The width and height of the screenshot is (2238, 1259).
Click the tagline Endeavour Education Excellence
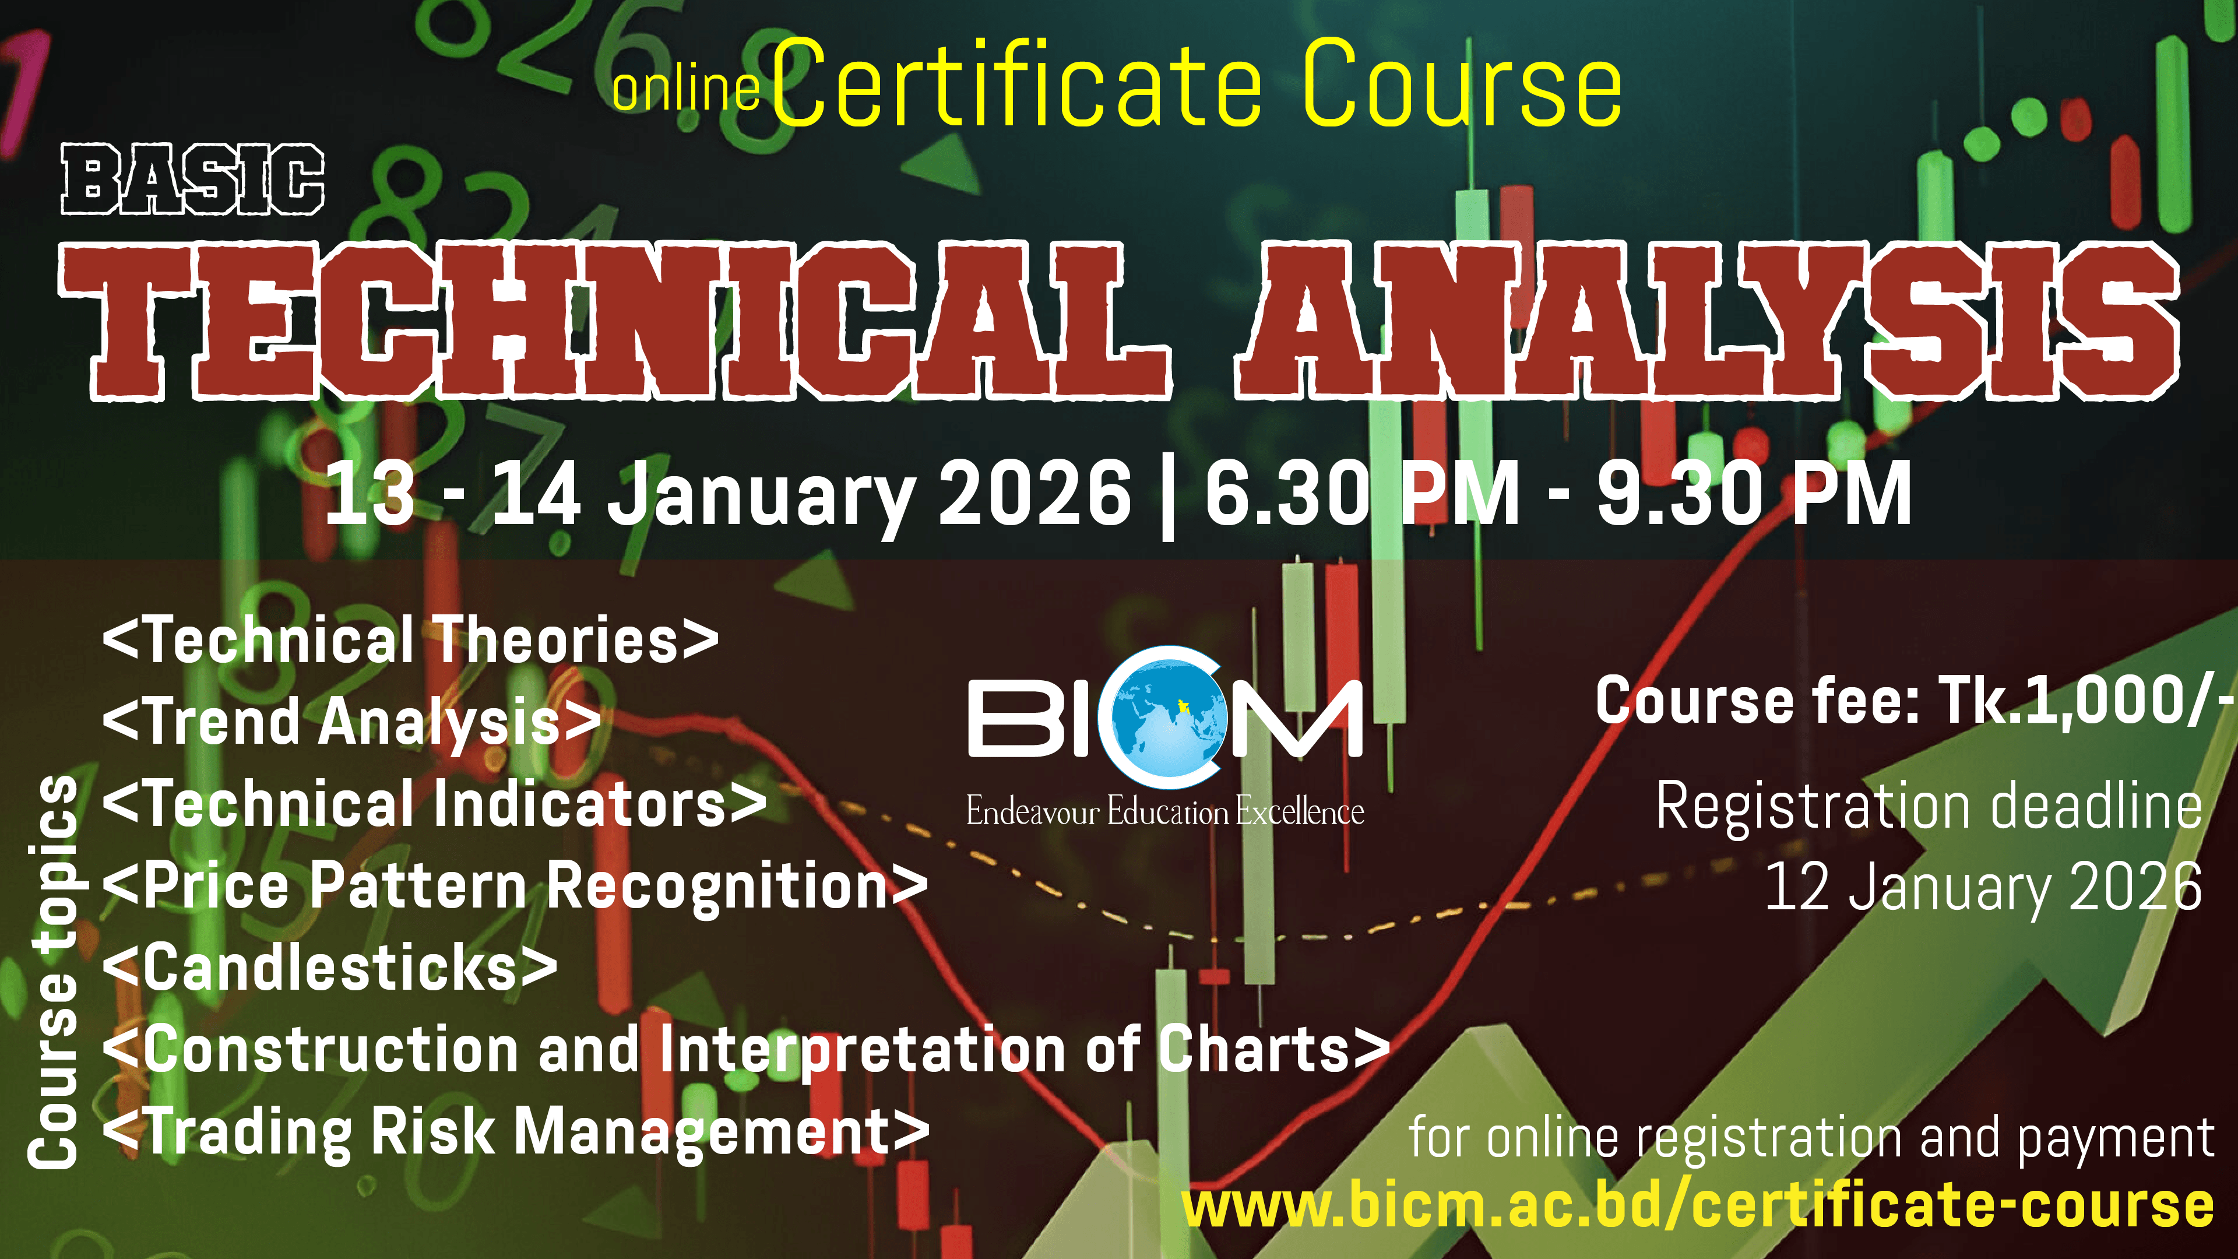pos(1164,811)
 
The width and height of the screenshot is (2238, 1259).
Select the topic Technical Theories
pos(410,641)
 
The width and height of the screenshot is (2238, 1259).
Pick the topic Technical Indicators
pos(434,804)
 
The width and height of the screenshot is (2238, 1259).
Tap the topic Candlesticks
pos(330,968)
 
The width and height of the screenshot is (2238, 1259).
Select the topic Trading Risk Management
pos(516,1132)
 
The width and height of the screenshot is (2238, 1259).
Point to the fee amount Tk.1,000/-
pos(2086,700)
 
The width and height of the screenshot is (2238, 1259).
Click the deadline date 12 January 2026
pos(1983,887)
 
